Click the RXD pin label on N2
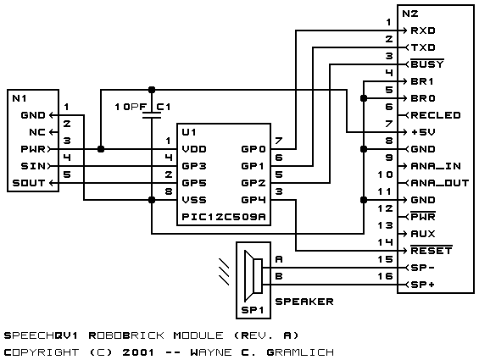pyautogui.click(x=423, y=30)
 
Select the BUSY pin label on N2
pyautogui.click(x=427, y=64)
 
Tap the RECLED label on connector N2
pyautogui.click(x=436, y=115)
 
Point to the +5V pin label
pyautogui.click(x=423, y=132)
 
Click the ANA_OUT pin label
pyautogui.click(x=440, y=183)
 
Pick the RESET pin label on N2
pyautogui.click(x=432, y=251)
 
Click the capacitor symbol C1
pyautogui.click(x=152, y=115)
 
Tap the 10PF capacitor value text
pyautogui.click(x=131, y=107)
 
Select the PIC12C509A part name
pyautogui.click(x=224, y=217)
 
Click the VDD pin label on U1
pyautogui.click(x=194, y=149)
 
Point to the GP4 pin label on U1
pyautogui.click(x=253, y=200)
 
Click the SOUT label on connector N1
pyautogui.click(x=29, y=183)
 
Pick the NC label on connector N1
pyautogui.click(x=37, y=132)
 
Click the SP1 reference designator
pyautogui.click(x=253, y=310)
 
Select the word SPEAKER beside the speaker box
pyautogui.click(x=304, y=302)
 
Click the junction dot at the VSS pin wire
pyautogui.click(x=152, y=200)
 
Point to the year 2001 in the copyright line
pyautogui.click(x=138, y=352)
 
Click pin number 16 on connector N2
pyautogui.click(x=385, y=276)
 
